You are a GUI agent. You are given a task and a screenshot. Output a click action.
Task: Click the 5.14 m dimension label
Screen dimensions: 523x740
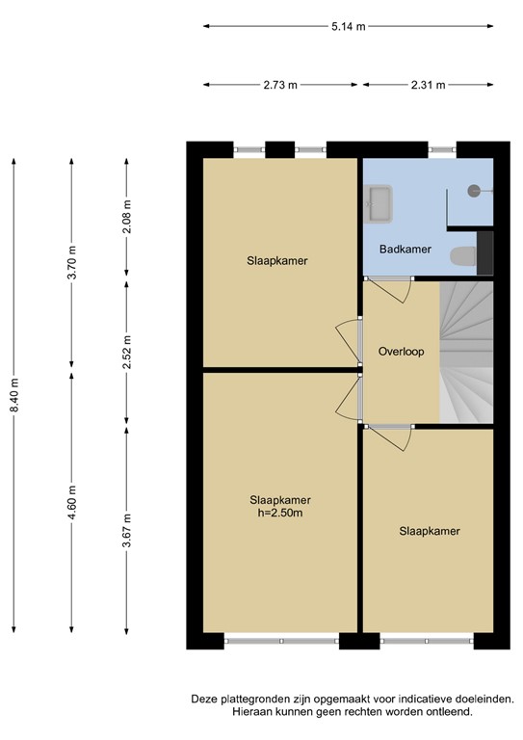pyautogui.click(x=348, y=26)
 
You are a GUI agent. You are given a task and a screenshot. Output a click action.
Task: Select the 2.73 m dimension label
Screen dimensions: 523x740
pyautogui.click(x=280, y=85)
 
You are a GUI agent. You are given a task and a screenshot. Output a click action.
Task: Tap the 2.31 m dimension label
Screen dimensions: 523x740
pyautogui.click(x=428, y=85)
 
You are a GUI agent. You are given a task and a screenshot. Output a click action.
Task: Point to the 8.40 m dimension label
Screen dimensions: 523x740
pyautogui.click(x=14, y=394)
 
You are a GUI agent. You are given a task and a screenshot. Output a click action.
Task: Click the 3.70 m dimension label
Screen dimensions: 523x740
pyautogui.click(x=71, y=262)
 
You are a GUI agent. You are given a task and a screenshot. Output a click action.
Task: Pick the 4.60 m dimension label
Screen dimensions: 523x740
pyautogui.click(x=71, y=502)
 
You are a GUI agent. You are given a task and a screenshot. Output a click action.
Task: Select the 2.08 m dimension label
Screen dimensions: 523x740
pyautogui.click(x=127, y=217)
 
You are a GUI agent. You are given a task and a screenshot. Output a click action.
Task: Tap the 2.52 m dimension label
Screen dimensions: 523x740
pyautogui.click(x=127, y=353)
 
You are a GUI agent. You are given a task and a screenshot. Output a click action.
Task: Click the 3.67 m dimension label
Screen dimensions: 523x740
pyautogui.click(x=127, y=531)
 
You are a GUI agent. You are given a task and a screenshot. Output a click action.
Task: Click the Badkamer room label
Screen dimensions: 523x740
pyautogui.click(x=405, y=250)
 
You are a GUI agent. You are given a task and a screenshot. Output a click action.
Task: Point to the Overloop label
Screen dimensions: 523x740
pyautogui.click(x=401, y=352)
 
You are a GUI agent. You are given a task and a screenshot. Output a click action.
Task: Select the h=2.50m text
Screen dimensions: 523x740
pyautogui.click(x=280, y=513)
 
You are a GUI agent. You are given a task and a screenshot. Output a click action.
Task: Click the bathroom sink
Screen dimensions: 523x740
pyautogui.click(x=379, y=203)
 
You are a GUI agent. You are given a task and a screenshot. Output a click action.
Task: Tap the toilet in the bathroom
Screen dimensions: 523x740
pyautogui.click(x=463, y=256)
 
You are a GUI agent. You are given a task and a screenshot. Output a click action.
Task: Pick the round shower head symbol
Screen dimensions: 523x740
pyautogui.click(x=474, y=191)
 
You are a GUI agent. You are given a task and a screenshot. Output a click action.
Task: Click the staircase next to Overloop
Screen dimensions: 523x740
pyautogui.click(x=466, y=352)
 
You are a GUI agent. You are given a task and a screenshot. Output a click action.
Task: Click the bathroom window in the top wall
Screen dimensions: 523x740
pyautogui.click(x=442, y=149)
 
